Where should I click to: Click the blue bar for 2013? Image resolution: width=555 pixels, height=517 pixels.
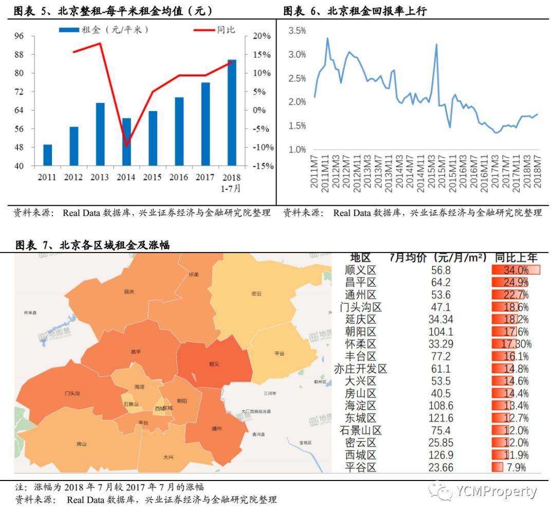(100, 134)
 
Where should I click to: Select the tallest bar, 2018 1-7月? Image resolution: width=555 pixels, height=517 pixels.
(232, 113)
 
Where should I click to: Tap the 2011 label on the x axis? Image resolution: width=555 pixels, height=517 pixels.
(47, 177)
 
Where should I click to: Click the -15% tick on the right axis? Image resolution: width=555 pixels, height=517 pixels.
(263, 166)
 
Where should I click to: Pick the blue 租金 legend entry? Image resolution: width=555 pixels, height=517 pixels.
(103, 30)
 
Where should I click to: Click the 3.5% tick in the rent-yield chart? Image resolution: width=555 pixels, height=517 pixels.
(298, 31)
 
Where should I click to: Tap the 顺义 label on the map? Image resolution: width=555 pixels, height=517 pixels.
(214, 364)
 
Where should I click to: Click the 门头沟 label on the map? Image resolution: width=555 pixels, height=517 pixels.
(72, 393)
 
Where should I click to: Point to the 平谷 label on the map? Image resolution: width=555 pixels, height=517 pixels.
(280, 353)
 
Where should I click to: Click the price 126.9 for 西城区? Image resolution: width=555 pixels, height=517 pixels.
(441, 455)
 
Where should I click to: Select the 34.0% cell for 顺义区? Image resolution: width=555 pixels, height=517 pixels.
(515, 270)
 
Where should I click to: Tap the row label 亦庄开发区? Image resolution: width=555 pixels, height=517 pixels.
(360, 369)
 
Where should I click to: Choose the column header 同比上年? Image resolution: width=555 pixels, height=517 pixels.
(516, 257)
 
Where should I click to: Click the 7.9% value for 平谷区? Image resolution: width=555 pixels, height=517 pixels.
(516, 468)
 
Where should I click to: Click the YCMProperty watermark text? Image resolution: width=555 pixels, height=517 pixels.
(495, 492)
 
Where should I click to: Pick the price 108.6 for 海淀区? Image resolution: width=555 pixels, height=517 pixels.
(441, 406)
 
